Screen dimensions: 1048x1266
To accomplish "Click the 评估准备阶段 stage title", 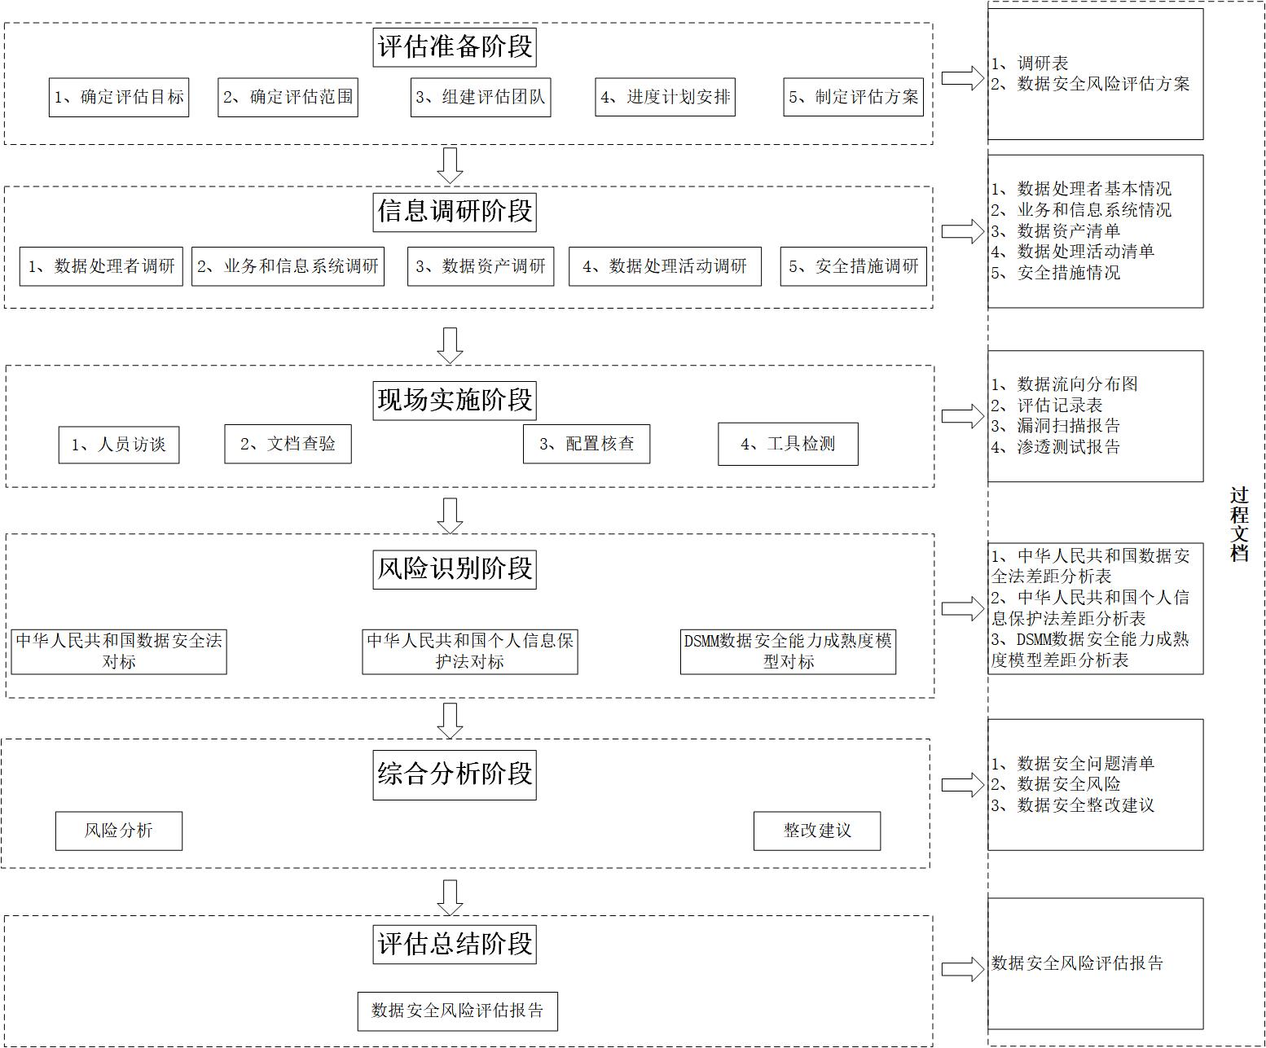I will pyautogui.click(x=455, y=46).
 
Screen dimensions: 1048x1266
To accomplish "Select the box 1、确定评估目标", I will pyautogui.click(x=119, y=98).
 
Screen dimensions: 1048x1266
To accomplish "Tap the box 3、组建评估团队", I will pyautogui.click(x=481, y=98).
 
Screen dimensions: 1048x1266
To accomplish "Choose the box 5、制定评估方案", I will pyautogui.click(x=853, y=98).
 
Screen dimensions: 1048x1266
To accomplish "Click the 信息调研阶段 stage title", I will pyautogui.click(x=455, y=212).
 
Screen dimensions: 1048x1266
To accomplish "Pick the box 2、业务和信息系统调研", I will pyautogui.click(x=288, y=266).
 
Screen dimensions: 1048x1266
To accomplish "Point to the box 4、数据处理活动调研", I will pyautogui.click(x=665, y=266).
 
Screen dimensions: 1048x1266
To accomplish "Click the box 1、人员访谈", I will pyautogui.click(x=119, y=445).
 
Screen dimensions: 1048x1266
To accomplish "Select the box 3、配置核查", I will pyautogui.click(x=587, y=444).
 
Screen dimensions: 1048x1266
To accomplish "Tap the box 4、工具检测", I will pyautogui.click(x=788, y=444).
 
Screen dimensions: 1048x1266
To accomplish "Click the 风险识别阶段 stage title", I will pyautogui.click(x=455, y=568).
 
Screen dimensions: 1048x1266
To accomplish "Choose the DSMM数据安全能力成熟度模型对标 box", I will pyautogui.click(x=788, y=651).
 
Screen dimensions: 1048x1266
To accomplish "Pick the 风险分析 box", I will pyautogui.click(x=119, y=831).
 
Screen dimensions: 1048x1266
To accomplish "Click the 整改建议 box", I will pyautogui.click(x=817, y=831).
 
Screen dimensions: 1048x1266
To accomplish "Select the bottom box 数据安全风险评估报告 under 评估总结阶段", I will pyautogui.click(x=458, y=1011).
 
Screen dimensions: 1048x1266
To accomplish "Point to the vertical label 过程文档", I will pyautogui.click(x=1239, y=524).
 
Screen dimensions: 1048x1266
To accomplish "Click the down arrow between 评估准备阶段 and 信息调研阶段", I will pyautogui.click(x=450, y=165).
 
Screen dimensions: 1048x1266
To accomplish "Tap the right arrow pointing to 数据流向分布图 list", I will pyautogui.click(x=962, y=416).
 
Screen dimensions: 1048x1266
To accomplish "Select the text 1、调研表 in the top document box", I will pyautogui.click(x=1030, y=64).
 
